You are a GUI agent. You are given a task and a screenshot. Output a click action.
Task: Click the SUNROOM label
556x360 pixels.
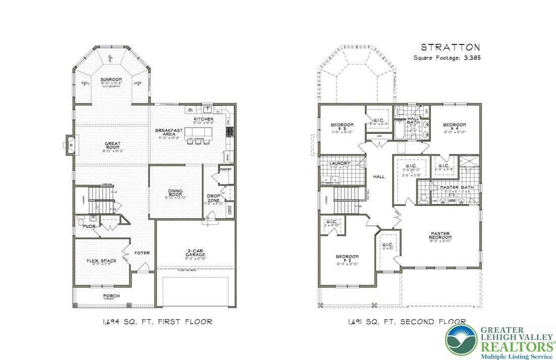tap(110, 80)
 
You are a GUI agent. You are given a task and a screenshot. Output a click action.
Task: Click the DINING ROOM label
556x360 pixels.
tap(176, 193)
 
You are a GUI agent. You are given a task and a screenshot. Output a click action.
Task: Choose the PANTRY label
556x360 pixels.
tap(226, 169)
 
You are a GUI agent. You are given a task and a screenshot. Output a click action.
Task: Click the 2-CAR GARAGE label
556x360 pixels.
tap(195, 253)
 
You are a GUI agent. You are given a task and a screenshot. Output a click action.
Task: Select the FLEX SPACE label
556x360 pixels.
tap(101, 261)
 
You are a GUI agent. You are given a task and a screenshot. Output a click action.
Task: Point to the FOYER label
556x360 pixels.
tap(142, 253)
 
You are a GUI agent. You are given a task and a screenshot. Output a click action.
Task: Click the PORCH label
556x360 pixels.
tap(111, 296)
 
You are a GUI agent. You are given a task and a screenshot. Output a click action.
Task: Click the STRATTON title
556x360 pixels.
tap(450, 47)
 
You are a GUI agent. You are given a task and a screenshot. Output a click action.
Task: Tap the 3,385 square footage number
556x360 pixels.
tap(471, 58)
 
